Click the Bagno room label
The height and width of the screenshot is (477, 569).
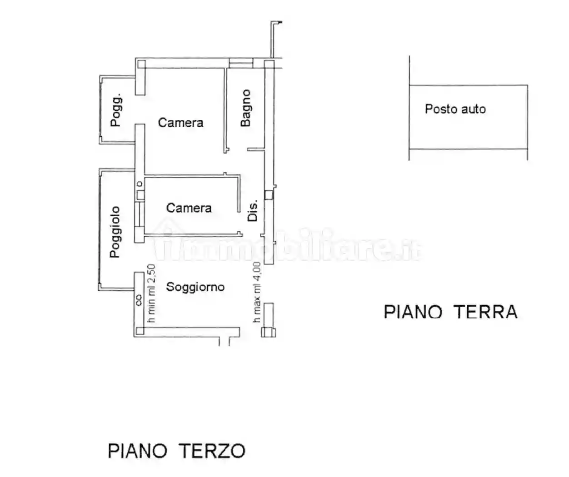pos(245,108)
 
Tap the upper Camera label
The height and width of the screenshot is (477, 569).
pos(180,123)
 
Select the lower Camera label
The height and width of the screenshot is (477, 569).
pos(189,208)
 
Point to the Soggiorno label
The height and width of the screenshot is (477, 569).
pos(195,287)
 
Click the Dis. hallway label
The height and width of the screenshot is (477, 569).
pos(253,210)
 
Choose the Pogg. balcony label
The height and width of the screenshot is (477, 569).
pos(116,110)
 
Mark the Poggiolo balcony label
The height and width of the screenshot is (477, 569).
pos(115,232)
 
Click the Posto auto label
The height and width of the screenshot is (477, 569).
pos(455,109)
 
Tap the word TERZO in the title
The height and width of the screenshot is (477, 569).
pos(212,451)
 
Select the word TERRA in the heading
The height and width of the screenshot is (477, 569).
pos(485,312)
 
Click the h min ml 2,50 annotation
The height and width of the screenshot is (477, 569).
pos(151,293)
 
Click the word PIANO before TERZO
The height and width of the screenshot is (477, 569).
pos(137,451)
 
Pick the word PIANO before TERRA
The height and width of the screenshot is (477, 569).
pos(413,312)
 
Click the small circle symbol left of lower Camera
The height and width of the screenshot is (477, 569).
pos(140,184)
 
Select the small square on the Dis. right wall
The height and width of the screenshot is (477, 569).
pos(269,195)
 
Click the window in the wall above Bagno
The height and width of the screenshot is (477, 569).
pos(240,63)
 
